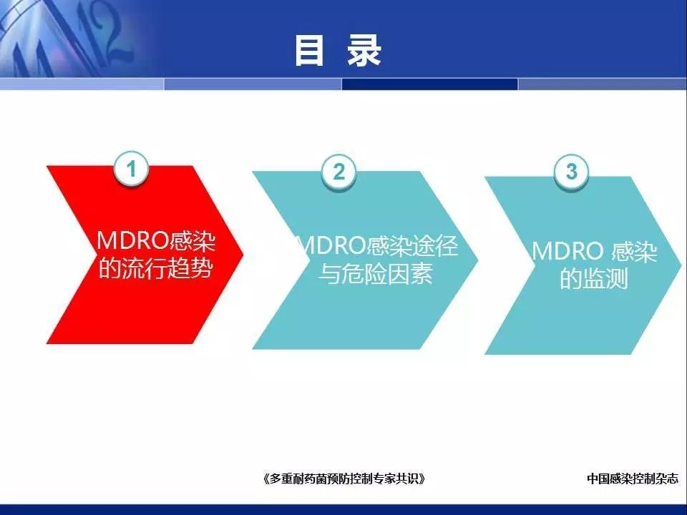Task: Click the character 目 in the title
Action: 309,51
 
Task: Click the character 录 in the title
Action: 364,51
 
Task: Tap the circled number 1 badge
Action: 131,169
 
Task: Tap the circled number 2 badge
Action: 338,171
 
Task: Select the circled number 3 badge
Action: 571,171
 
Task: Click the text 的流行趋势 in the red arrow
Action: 155,268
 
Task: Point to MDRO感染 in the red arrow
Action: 156,240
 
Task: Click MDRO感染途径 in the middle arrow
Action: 378,245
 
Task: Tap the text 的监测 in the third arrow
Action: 595,278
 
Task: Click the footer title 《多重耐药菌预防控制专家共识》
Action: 344,479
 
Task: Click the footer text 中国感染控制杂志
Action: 633,479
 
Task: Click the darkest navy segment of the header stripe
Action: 430,84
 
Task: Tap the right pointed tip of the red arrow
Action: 243,253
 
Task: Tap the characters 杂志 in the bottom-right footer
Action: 667,479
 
